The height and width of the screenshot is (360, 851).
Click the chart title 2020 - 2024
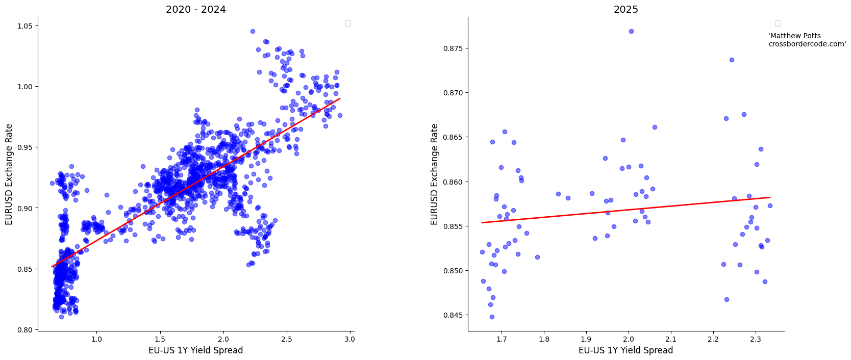(x=195, y=9)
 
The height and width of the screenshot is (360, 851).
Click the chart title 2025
(x=625, y=9)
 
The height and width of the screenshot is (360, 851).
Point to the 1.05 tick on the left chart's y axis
(x=25, y=26)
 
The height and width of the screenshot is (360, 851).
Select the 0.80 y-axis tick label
(x=25, y=330)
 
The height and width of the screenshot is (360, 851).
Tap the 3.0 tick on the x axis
(x=349, y=339)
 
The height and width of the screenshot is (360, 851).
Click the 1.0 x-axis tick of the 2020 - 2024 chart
(x=96, y=339)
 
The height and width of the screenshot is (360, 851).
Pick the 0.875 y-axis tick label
(x=453, y=48)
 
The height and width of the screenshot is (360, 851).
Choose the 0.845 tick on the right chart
(x=453, y=315)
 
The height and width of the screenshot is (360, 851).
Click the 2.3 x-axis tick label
(x=755, y=339)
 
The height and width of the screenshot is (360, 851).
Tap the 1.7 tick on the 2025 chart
(x=502, y=339)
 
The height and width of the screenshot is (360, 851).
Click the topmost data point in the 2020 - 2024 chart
(x=253, y=31)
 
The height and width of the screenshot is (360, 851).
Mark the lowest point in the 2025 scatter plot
(x=492, y=317)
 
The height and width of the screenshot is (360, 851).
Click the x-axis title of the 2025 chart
(x=625, y=350)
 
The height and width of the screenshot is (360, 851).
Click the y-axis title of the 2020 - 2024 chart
(x=9, y=174)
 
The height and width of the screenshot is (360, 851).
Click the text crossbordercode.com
(x=807, y=44)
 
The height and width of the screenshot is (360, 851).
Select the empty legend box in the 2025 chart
(x=778, y=23)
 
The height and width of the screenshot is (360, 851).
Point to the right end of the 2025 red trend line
(x=769, y=197)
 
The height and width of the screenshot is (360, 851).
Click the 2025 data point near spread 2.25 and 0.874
(x=732, y=60)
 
